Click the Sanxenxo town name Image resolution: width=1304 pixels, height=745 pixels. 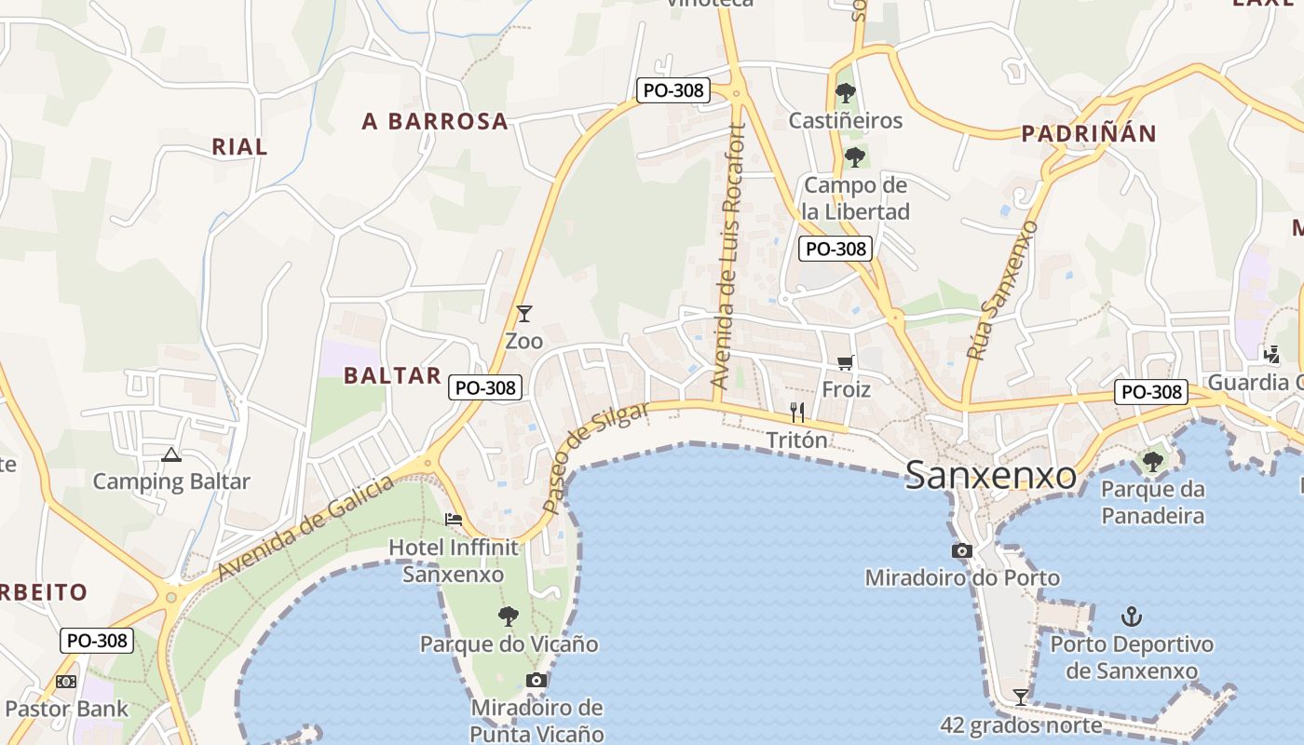tap(990, 475)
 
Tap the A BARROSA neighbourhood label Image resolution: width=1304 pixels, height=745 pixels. tap(435, 121)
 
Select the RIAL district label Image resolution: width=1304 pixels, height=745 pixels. tap(239, 146)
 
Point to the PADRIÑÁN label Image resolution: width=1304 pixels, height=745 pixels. tap(1088, 133)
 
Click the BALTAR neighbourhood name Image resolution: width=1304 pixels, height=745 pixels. tap(392, 375)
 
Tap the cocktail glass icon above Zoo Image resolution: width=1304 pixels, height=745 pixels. tap(524, 314)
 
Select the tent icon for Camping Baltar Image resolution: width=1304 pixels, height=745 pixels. tap(170, 455)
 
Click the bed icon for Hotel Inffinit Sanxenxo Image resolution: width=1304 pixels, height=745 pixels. tap(454, 519)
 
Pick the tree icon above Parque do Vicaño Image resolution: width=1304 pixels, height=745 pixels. tap(509, 616)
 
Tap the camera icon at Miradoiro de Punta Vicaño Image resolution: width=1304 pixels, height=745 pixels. tap(536, 680)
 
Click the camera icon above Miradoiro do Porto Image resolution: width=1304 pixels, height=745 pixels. tap(962, 550)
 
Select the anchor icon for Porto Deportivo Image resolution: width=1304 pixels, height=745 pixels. tap(1132, 616)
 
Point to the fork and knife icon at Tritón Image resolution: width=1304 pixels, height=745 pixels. tap(797, 412)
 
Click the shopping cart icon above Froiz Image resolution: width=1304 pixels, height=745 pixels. tap(846, 361)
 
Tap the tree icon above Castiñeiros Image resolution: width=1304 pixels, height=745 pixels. tap(846, 92)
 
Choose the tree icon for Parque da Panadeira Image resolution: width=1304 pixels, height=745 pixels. tap(1153, 461)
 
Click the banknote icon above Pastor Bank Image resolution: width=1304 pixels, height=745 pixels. tap(66, 682)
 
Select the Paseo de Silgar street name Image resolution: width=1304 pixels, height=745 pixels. tap(597, 457)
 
